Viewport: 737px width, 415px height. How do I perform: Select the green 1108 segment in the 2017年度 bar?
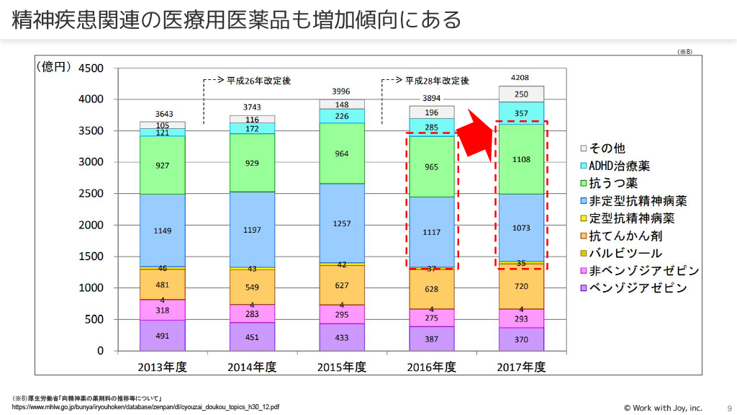click(x=522, y=159)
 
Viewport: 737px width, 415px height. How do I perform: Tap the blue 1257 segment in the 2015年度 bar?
click(x=343, y=223)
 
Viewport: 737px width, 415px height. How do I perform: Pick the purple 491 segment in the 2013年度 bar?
click(x=163, y=335)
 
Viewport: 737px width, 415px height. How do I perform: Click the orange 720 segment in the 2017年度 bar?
click(x=522, y=286)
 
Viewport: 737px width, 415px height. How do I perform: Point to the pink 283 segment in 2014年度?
click(x=252, y=314)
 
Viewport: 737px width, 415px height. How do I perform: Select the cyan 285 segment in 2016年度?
click(x=432, y=128)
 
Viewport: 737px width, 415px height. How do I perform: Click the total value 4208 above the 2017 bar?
click(x=520, y=77)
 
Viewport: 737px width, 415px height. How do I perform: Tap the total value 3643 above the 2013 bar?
click(x=163, y=114)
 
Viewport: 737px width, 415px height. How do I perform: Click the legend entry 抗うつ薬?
click(x=613, y=183)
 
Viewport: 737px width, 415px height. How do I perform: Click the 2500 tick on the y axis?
click(x=91, y=194)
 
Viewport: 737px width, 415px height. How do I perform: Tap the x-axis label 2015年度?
click(x=342, y=367)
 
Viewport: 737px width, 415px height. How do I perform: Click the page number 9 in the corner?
click(x=720, y=407)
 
